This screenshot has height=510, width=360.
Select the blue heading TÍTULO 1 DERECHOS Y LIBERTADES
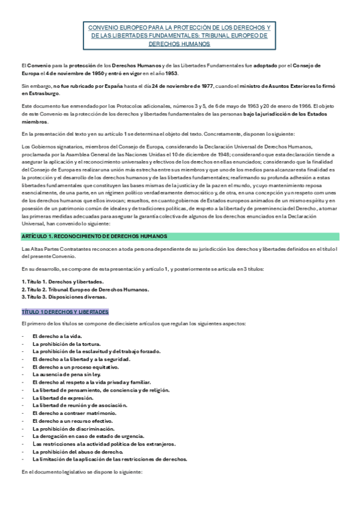(x=65, y=312)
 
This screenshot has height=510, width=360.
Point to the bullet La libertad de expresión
(x=63, y=398)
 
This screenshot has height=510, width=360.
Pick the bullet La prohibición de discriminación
(x=73, y=429)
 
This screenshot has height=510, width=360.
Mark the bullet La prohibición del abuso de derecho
(x=78, y=452)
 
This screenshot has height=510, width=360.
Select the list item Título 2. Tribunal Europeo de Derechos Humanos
(x=85, y=289)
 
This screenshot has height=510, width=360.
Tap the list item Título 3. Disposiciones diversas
(x=64, y=296)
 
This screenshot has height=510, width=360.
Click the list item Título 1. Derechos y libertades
(x=63, y=281)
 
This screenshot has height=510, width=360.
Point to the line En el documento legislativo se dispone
(x=82, y=472)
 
